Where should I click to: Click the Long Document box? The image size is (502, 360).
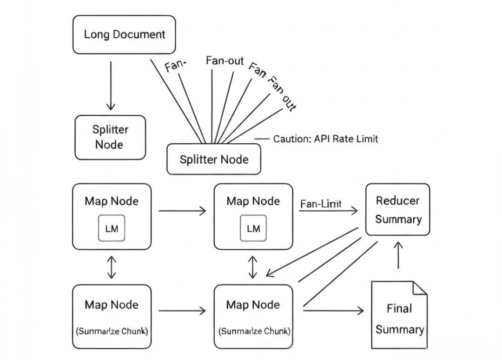124,34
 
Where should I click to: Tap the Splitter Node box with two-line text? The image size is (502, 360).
110,137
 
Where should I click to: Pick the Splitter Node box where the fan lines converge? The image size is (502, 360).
214,160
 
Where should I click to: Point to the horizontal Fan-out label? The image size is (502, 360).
225,61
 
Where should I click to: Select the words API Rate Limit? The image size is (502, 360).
346,139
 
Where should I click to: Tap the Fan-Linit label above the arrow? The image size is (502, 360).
321,204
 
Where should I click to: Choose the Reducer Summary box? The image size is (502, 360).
397,209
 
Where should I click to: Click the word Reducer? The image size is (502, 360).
397,200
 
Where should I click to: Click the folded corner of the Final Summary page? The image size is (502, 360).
420,288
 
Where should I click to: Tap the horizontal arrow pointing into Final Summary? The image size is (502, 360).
333,310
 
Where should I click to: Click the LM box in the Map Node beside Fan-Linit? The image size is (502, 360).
253,228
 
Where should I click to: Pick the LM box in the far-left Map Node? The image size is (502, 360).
112,228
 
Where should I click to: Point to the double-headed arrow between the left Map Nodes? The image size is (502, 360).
111,267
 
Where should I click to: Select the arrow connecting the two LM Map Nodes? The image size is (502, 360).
182,211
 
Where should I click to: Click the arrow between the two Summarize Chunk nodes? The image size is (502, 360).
182,310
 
